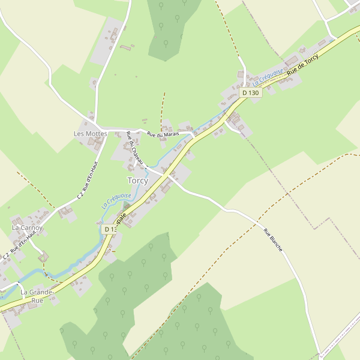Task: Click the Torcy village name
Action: [137, 181]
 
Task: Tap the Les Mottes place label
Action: [90, 133]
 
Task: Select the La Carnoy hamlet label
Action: [27, 228]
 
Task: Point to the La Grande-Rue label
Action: [38, 296]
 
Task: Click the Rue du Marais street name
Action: [164, 135]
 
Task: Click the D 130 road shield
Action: [251, 93]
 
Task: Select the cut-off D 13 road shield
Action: [107, 229]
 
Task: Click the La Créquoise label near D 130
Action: [268, 77]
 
